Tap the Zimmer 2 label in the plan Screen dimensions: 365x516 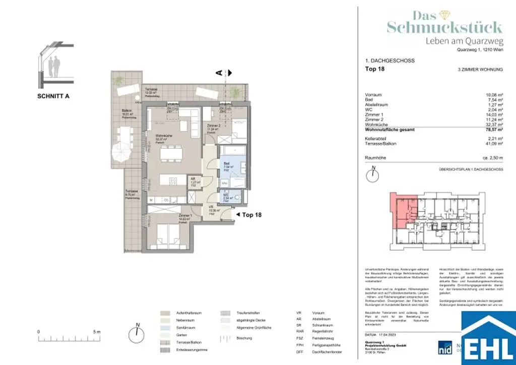click(213, 127)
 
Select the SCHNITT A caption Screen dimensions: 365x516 click(53, 96)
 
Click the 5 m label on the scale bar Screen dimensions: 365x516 click(97, 331)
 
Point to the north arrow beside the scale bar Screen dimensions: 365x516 click(137, 333)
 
